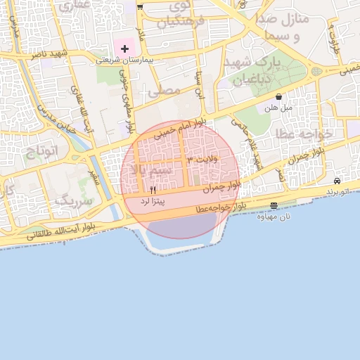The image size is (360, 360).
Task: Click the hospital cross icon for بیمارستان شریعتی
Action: pos(124,49)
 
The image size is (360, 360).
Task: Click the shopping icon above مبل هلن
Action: pos(279,97)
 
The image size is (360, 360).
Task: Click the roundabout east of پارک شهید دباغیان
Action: pos(316,71)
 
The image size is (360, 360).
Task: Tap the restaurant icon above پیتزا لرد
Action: pos(153,190)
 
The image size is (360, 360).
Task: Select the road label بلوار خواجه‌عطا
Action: pos(221,207)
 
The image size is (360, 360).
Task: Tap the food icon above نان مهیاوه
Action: pos(274,205)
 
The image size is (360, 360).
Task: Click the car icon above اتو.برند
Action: pos(337,181)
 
